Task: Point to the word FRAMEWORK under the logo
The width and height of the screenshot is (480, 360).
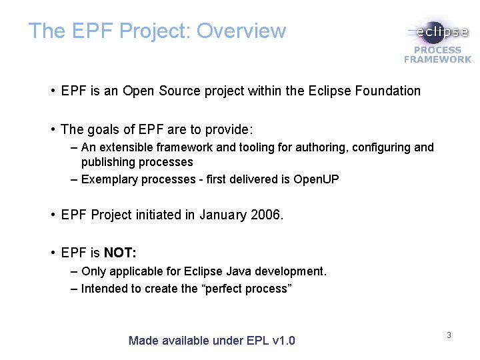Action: (x=437, y=59)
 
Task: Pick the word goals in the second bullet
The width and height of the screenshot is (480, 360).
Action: (x=104, y=129)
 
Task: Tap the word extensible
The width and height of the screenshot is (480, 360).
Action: (x=125, y=147)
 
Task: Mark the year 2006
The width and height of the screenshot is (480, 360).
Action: (x=267, y=215)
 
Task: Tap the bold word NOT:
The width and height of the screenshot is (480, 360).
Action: (x=120, y=253)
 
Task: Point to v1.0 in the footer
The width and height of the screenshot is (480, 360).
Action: (x=284, y=341)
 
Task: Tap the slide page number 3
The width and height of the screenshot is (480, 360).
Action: (x=449, y=335)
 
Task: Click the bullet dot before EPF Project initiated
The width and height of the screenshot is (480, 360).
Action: (x=51, y=215)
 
